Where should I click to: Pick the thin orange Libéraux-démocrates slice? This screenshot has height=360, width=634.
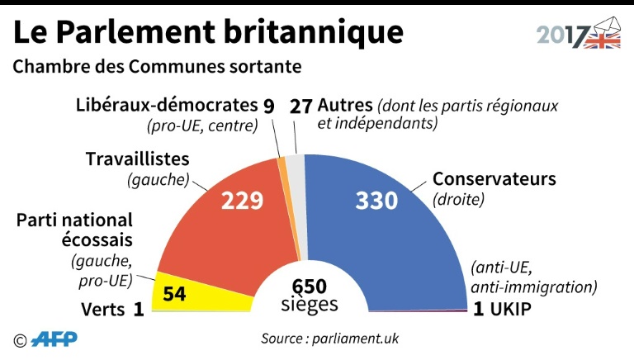coord(283,165)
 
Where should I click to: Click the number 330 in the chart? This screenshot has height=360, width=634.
coord(376,200)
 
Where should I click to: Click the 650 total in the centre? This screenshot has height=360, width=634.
coord(310,286)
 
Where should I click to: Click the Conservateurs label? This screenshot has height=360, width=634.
coord(494,179)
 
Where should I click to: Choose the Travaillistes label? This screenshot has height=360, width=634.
coord(138,159)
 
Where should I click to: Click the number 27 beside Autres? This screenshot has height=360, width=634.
coord(301,107)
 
